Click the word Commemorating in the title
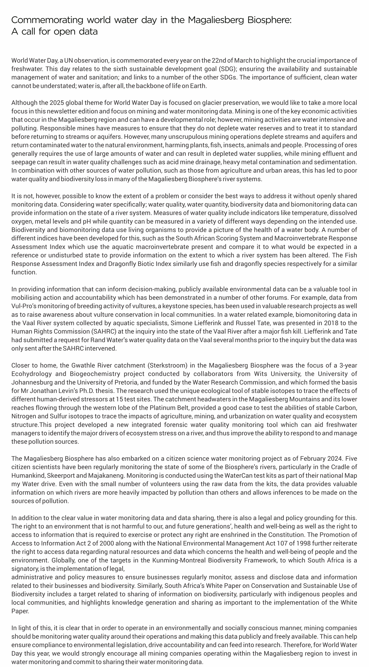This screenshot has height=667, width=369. point(47,20)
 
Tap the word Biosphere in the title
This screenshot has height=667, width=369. point(269,20)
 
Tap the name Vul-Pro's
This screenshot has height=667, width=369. point(24,306)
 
